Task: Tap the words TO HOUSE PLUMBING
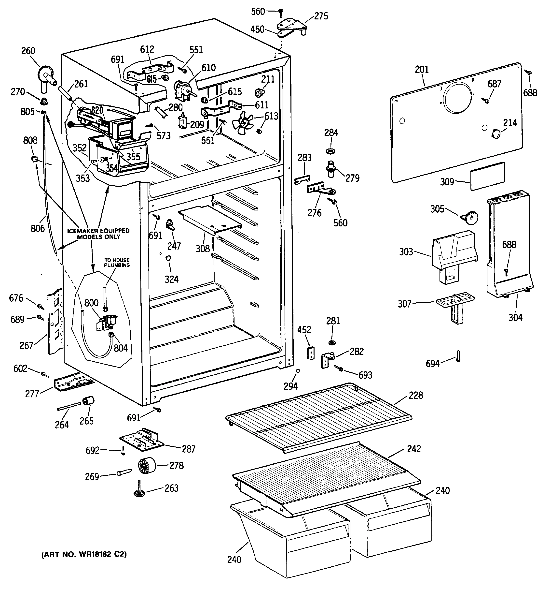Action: tap(117, 263)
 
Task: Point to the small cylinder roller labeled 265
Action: tap(88, 400)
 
